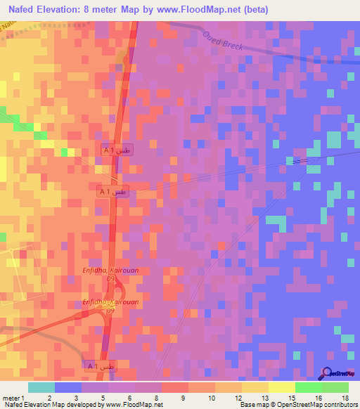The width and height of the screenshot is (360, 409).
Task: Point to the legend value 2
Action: [x=49, y=398]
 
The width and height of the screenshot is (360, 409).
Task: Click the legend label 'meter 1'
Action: [x=13, y=398]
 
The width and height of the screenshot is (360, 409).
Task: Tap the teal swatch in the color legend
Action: [x=41, y=387]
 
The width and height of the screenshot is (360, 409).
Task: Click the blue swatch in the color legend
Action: [x=68, y=387]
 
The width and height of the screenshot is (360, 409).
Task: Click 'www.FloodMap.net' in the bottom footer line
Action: [x=134, y=405]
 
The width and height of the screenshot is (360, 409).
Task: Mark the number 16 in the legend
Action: [x=319, y=398]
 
